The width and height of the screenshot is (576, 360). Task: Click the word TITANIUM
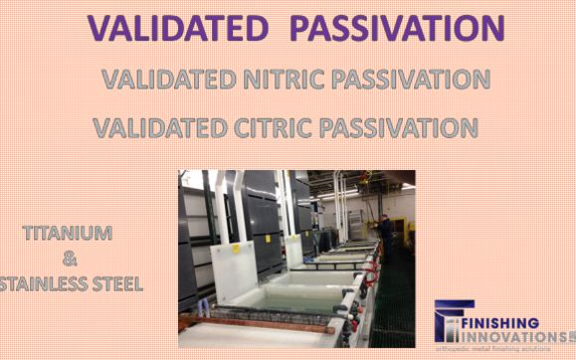pos(67,235)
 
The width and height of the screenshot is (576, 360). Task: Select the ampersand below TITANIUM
pos(69,260)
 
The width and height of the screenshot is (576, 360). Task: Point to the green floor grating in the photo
pos(393,318)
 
